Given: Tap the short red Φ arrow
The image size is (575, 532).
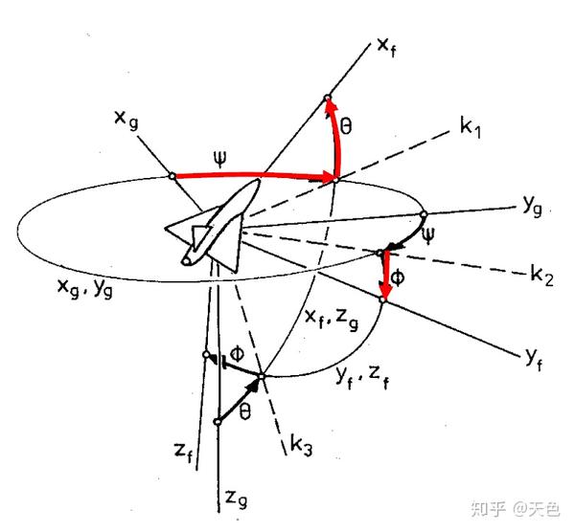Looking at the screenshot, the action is coord(384,278).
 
